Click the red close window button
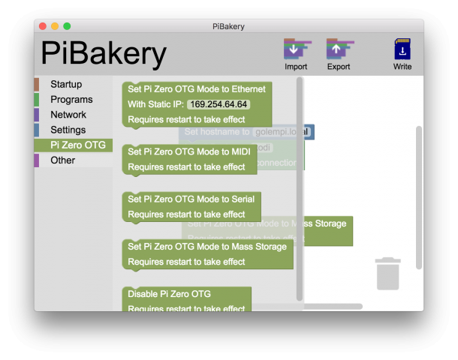pos(43,26)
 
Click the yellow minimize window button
pos(55,26)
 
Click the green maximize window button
pos(67,26)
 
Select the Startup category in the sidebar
pos(66,84)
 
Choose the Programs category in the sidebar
pos(71,99)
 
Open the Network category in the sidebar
pos(68,115)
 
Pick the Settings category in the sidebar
pos(68,130)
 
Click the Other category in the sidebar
pos(62,160)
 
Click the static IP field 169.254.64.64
pos(218,104)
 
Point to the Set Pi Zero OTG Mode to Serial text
pos(191,199)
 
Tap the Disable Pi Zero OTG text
pos(169,293)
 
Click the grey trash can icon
pos(387,273)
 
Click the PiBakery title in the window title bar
pos(228,26)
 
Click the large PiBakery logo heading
pos(104,53)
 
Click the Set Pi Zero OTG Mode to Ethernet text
pos(196,88)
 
